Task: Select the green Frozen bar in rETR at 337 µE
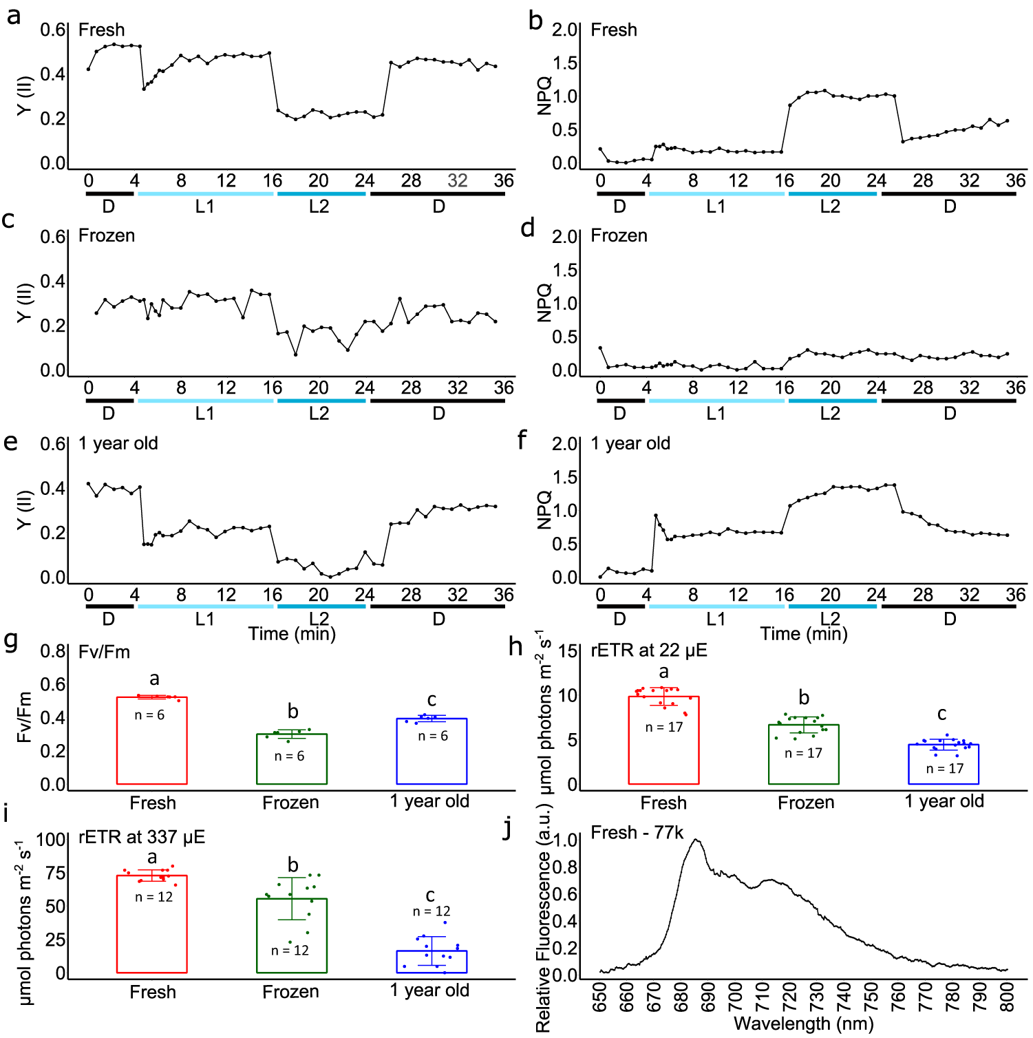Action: click(292, 935)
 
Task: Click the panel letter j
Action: click(509, 829)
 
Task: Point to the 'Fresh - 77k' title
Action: click(637, 833)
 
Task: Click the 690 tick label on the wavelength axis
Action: click(707, 997)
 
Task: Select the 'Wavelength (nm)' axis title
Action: click(803, 1024)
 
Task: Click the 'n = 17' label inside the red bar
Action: click(663, 727)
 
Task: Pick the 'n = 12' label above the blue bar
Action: click(432, 911)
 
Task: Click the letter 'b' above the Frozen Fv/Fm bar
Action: click(292, 711)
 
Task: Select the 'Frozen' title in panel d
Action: click(619, 235)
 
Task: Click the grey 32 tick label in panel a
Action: click(457, 180)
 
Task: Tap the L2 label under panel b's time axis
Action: click(830, 206)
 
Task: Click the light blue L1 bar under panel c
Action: click(205, 401)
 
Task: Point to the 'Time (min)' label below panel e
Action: click(292, 633)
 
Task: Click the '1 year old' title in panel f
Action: click(630, 443)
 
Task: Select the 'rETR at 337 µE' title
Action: click(142, 837)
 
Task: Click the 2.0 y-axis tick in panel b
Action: click(564, 30)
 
